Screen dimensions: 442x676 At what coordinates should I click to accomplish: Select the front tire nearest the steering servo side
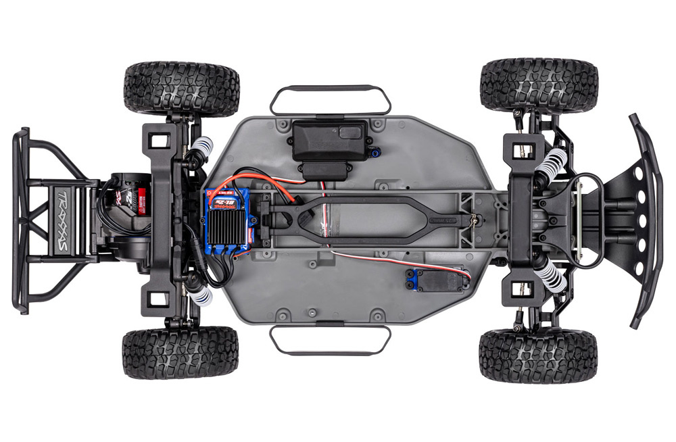coord(538,355)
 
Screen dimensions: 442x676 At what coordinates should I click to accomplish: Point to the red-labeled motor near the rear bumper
coord(128,196)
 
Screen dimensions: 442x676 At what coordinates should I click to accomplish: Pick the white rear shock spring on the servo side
coord(201,295)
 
